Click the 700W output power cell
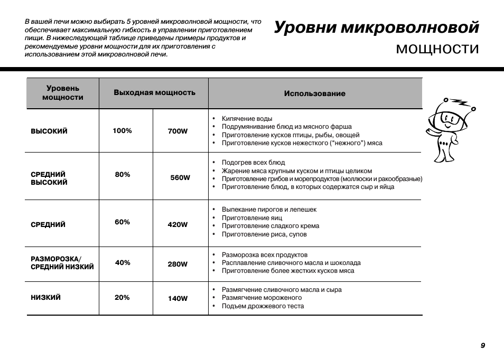pos(178,131)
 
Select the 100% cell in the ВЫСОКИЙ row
pos(122,131)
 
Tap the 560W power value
pos(180,178)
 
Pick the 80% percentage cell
pos(123,175)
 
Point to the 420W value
pos(178,224)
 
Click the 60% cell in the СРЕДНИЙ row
pos(122,222)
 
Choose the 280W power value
pos(178,264)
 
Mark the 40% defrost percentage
pos(123,263)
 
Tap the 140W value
pos(178,299)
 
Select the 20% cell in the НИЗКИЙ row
pos(122,298)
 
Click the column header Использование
pos(314,93)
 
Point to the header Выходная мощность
pos(154,92)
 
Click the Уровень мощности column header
pos(63,93)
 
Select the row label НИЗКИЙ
pos(46,298)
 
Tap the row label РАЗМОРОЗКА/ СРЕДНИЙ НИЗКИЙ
pos(62,263)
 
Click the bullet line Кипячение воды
pos(247,119)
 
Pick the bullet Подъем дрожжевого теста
pos(263,306)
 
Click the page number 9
pos(483,345)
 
